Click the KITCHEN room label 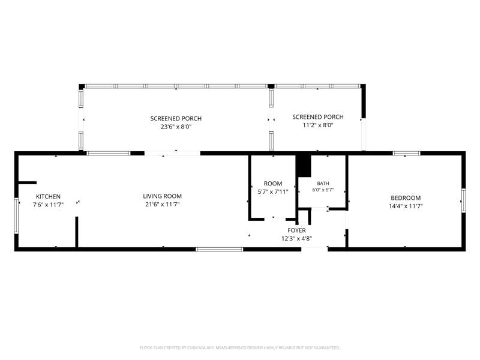(48, 197)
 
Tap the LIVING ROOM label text (162, 196)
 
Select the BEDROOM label (406, 198)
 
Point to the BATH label (323, 184)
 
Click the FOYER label (296, 230)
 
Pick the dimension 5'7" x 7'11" (273, 192)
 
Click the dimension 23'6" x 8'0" (176, 127)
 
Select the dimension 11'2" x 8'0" (318, 125)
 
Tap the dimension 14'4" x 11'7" (406, 206)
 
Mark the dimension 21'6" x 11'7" (162, 205)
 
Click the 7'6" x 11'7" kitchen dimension (48, 205)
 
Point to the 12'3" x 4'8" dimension (296, 239)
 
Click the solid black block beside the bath (304, 166)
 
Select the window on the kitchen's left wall (16, 216)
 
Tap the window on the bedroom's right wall (463, 200)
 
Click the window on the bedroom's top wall (406, 154)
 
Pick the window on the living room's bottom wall (219, 250)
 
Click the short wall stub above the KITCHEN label (28, 183)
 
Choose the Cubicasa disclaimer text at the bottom (239, 348)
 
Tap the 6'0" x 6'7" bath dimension (323, 190)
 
